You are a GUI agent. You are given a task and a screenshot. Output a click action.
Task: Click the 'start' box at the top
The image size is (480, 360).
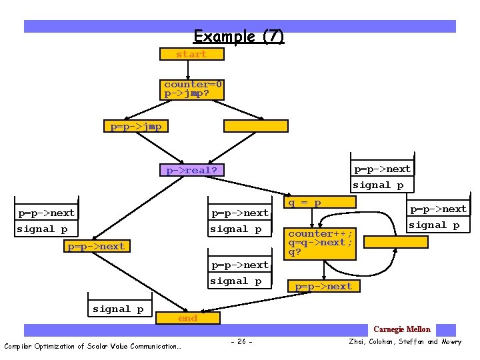coord(192,54)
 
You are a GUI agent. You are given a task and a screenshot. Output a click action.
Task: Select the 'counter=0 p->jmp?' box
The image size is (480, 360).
coord(193,89)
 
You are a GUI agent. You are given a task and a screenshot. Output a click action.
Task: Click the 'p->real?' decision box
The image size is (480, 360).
coord(192,170)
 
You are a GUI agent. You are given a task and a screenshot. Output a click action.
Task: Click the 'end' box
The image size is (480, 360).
coord(188,319)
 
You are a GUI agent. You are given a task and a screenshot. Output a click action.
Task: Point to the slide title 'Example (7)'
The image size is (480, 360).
coord(239,37)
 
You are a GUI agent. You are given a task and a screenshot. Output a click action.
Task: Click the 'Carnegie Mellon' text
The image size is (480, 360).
coord(402,329)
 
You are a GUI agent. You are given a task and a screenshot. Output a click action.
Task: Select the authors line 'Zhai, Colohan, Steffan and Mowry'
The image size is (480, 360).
coord(403,342)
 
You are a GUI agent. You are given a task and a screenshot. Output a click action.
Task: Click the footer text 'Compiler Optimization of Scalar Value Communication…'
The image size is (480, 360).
coord(93,346)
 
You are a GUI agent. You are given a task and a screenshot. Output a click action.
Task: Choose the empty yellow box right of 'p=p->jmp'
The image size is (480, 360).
coord(255,126)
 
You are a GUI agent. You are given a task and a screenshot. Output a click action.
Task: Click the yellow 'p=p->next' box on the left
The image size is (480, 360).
coord(96,247)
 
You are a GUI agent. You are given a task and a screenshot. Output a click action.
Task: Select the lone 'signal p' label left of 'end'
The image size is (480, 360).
coord(118,309)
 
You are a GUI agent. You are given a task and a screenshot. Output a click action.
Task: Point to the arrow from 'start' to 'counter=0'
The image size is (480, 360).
coord(192,69)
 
